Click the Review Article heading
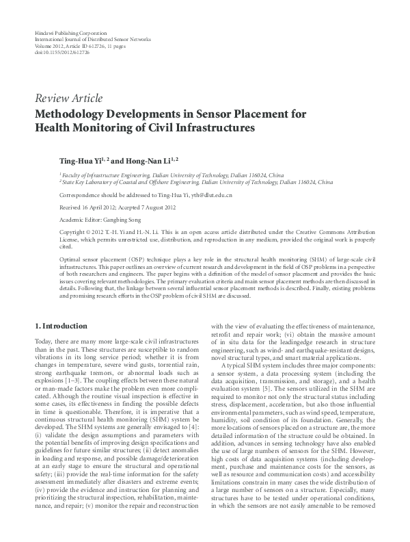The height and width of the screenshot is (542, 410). pos(68,99)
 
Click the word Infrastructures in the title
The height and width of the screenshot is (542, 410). pos(217,127)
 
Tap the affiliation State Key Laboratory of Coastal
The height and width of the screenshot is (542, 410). pos(102,183)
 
